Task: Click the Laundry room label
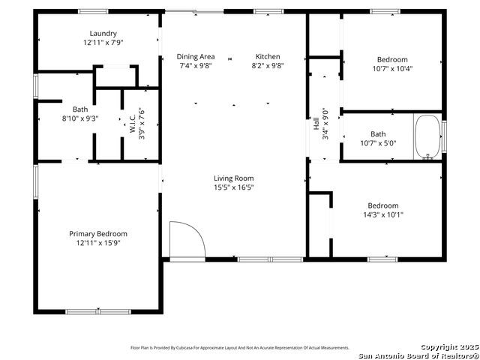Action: coord(103,34)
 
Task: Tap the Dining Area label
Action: coord(196,57)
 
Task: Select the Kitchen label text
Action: coord(268,57)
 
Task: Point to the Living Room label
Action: coord(234,178)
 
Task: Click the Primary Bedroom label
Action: coord(98,233)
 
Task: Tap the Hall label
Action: coord(316,124)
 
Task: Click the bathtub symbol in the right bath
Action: coord(427,136)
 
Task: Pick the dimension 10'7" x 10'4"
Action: coord(392,69)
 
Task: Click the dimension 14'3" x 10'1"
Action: coord(382,214)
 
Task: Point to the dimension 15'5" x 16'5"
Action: coord(234,187)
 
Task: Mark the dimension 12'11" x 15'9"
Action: coord(98,242)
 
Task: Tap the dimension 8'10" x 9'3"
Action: coord(79,118)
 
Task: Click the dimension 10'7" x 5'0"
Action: coord(377,143)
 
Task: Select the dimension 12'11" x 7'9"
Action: coord(103,43)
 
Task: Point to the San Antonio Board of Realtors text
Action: coord(418,355)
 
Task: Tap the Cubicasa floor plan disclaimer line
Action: coord(240,348)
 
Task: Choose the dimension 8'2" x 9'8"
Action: coord(268,66)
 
